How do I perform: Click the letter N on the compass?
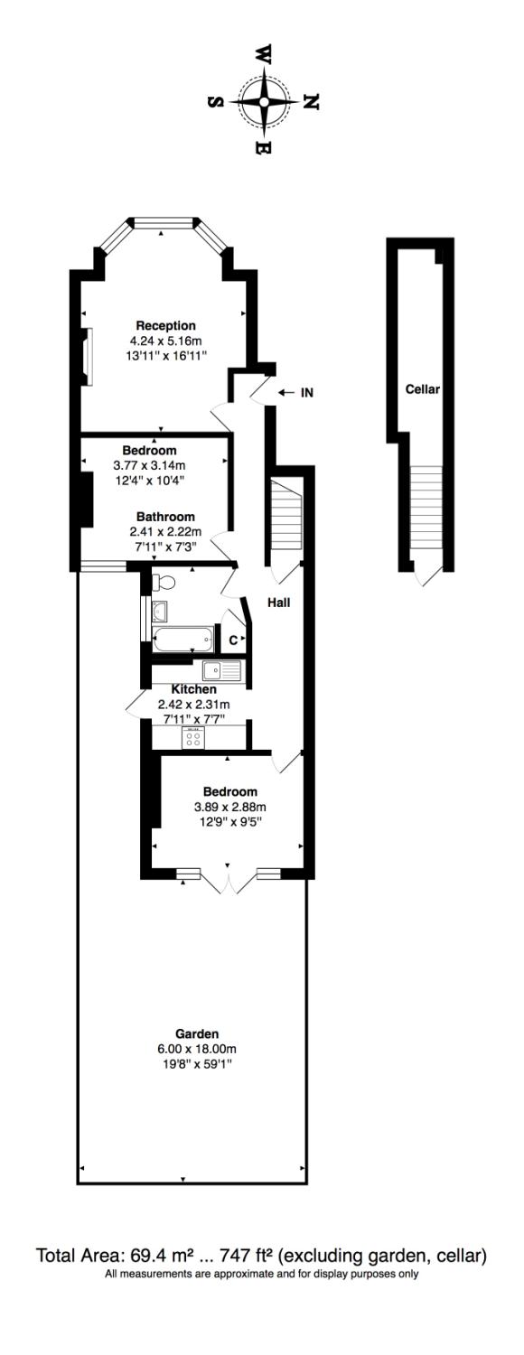310,102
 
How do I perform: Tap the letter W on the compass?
265,55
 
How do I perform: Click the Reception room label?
165,325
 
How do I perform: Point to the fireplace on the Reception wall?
87,356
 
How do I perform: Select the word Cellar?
422,390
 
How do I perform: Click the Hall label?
278,602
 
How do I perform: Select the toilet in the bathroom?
162,580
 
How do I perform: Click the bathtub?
183,640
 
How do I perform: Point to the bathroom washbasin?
160,609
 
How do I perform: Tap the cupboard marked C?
233,640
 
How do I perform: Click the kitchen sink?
221,670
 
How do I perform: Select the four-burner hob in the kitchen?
192,738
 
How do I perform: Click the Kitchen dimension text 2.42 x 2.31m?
193,705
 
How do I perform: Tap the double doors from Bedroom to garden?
230,882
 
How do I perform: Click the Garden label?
197,1033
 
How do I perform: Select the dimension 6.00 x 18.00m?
197,1049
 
